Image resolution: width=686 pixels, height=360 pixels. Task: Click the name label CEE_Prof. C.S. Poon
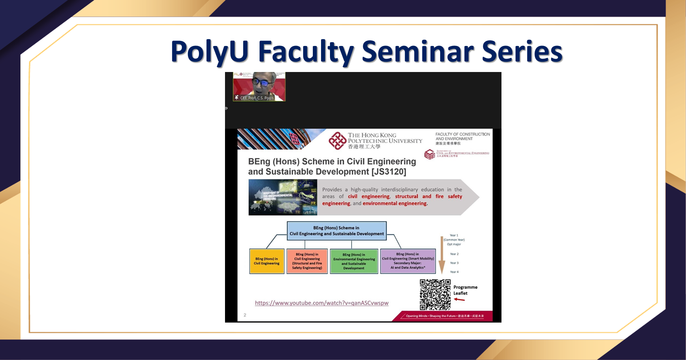click(256, 98)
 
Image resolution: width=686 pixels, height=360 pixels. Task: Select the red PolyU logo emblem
click(337, 141)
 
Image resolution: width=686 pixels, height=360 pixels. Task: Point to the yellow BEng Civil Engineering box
click(267, 261)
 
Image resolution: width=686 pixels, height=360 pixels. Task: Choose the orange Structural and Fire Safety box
click(307, 261)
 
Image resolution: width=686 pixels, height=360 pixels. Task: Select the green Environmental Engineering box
click(354, 261)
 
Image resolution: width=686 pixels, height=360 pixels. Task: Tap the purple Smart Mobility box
click(408, 261)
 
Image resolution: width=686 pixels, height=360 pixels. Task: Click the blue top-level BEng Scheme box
click(336, 231)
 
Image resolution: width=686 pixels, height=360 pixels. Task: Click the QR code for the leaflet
click(435, 295)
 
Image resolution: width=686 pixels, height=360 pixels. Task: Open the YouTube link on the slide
click(321, 303)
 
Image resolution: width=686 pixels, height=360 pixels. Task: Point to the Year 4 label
click(454, 272)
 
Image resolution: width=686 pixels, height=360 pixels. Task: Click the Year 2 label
click(454, 254)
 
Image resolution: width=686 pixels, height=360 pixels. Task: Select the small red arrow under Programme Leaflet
click(459, 300)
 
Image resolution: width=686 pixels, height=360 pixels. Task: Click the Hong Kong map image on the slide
click(283, 197)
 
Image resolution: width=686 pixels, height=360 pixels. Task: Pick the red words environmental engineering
click(394, 203)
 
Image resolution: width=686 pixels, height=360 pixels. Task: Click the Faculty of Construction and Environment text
click(462, 136)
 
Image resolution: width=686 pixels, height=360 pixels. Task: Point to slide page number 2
click(245, 315)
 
